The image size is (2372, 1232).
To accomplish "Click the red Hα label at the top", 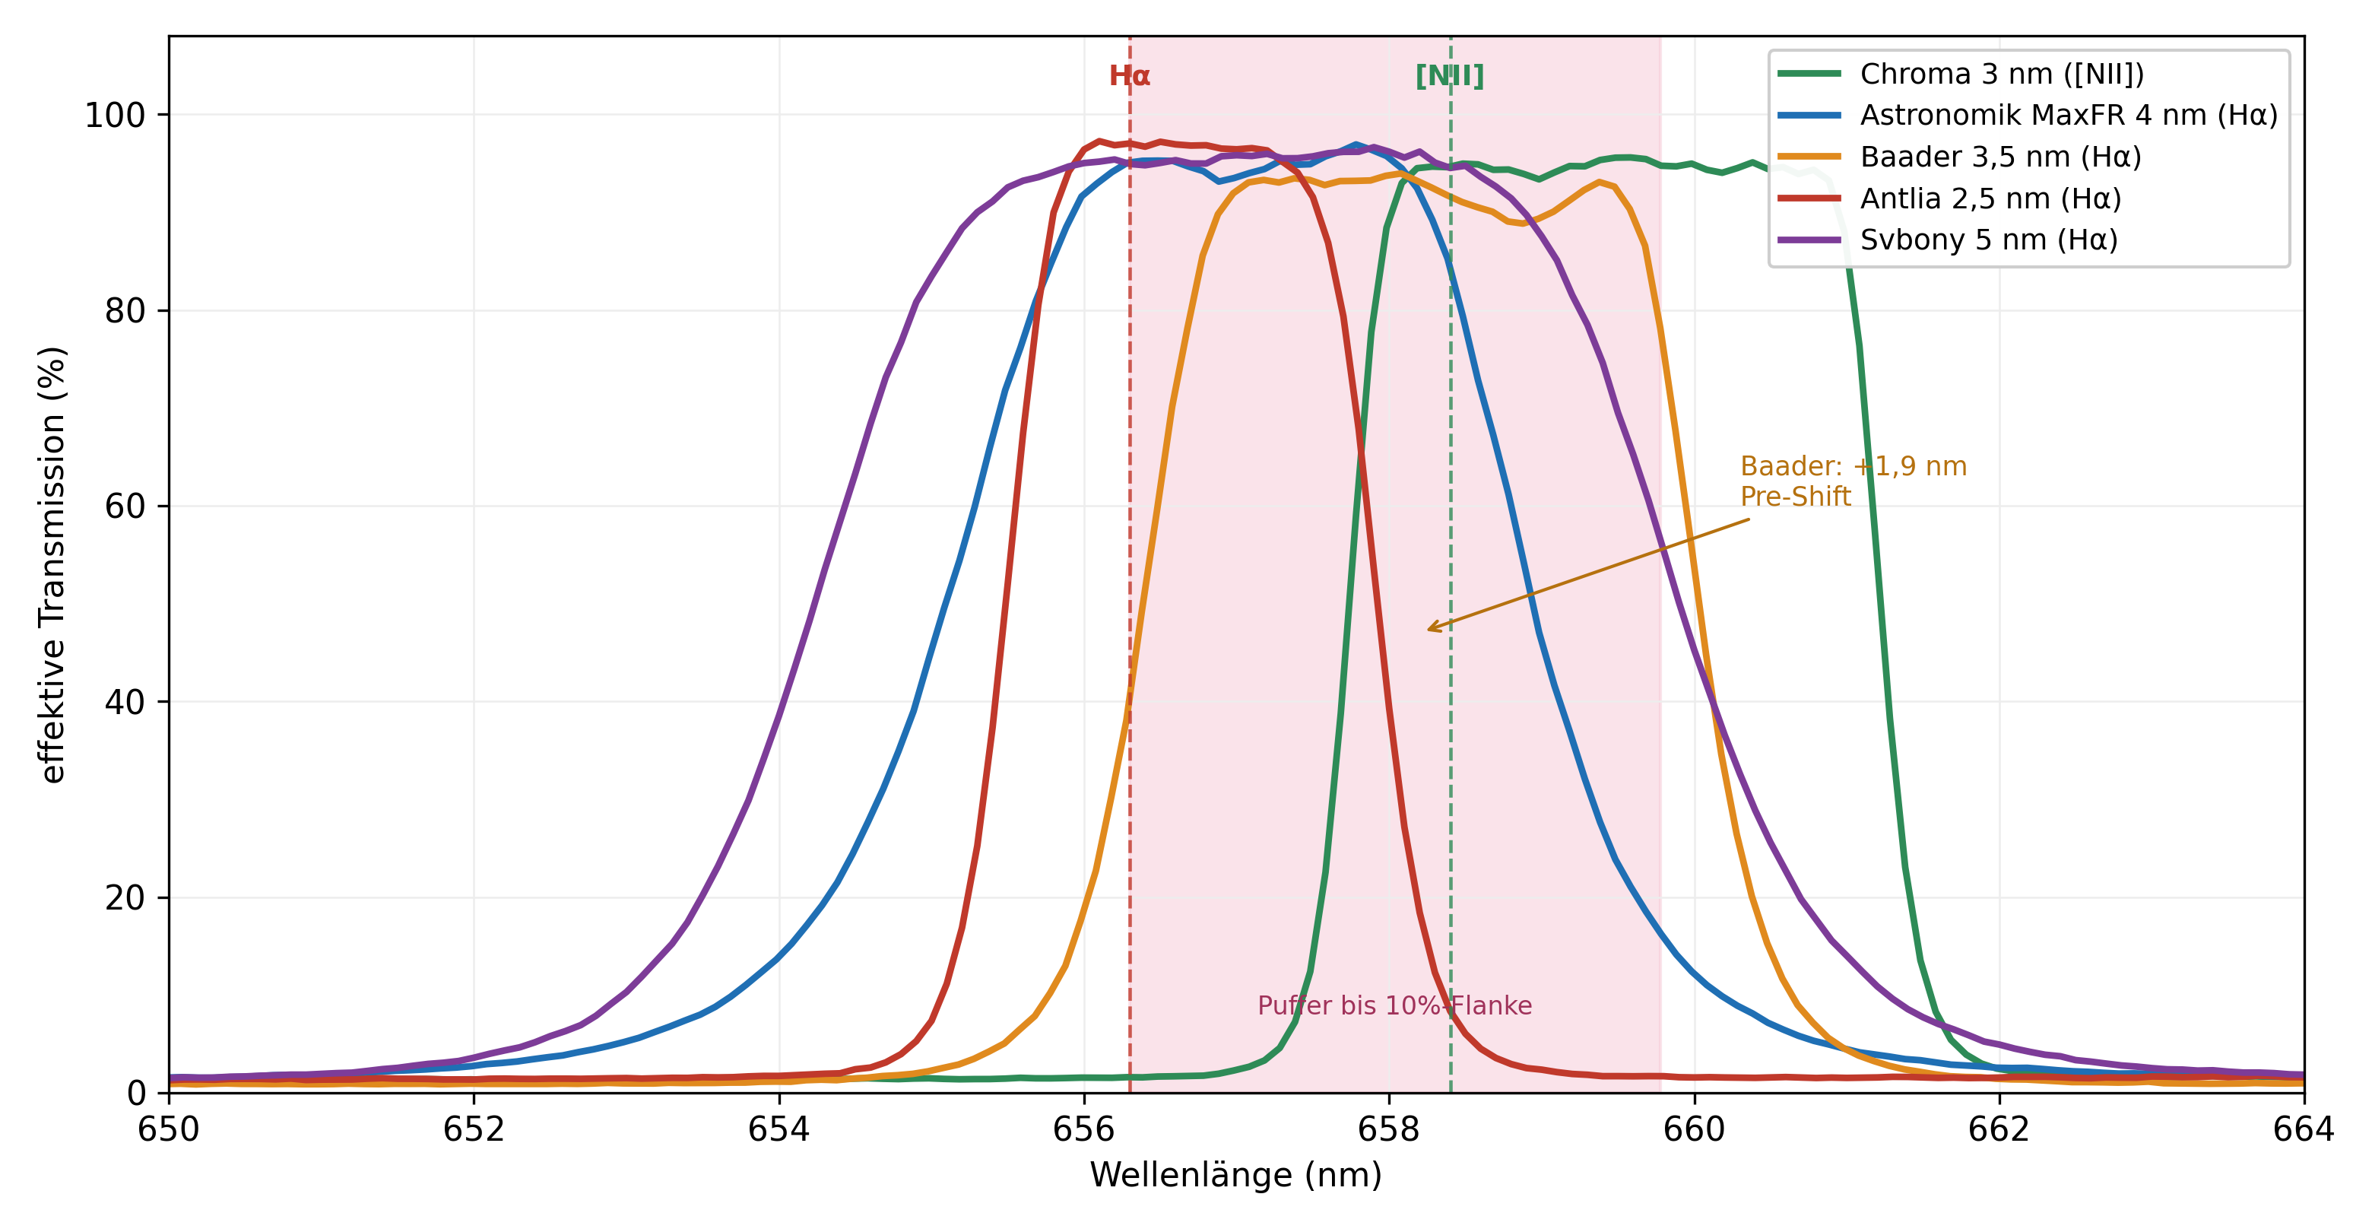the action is click(1129, 75).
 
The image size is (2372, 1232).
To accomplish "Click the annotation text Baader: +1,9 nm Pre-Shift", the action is click(1853, 481).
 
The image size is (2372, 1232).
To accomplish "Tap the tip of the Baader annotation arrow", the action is click(1427, 630).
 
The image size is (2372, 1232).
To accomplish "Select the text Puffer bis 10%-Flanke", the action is click(1394, 1005).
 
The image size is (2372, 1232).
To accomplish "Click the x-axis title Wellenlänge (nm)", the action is click(1235, 1175).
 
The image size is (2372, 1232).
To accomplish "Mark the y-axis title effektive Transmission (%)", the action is click(52, 564).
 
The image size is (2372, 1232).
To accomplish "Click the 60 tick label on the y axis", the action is click(125, 506).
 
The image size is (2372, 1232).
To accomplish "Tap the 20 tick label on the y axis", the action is click(125, 897).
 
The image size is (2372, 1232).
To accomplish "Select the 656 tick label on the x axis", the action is click(1084, 1129).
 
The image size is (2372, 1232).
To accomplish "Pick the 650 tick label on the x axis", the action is click(169, 1129).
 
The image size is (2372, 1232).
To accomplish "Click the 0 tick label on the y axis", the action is click(136, 1093).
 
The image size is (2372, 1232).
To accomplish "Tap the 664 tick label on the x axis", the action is click(2304, 1129).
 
